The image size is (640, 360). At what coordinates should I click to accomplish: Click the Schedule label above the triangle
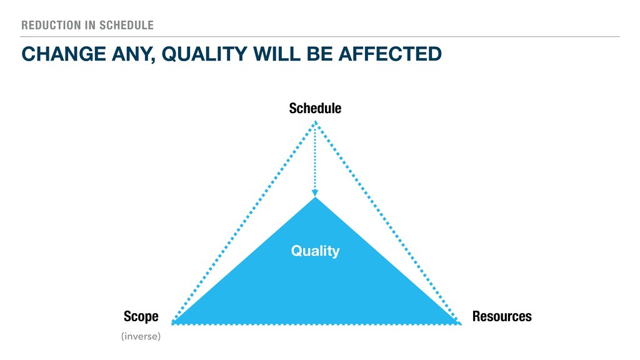[315, 108]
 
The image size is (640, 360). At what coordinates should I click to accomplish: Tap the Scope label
[141, 317]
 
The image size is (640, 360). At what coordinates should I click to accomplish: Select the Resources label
[502, 316]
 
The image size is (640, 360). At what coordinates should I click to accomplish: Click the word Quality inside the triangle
[315, 251]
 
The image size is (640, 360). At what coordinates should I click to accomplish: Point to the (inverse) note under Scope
[141, 336]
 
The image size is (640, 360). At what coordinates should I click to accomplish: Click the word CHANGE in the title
[64, 54]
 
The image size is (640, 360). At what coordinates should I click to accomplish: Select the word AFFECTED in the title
[390, 54]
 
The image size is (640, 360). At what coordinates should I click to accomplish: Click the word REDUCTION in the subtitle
[52, 25]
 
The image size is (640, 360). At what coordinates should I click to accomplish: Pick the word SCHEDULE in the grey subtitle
[126, 25]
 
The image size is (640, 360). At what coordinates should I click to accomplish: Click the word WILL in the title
[277, 54]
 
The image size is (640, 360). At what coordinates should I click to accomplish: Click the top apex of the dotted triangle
[315, 121]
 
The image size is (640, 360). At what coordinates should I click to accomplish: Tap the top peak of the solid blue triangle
[315, 197]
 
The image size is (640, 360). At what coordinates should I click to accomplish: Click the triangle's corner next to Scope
[172, 324]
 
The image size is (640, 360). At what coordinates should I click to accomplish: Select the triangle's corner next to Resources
[460, 324]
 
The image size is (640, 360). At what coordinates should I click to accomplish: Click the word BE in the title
[319, 54]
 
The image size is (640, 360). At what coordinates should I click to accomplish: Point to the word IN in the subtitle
[91, 25]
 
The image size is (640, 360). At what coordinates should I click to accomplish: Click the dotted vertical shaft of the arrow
[315, 157]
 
